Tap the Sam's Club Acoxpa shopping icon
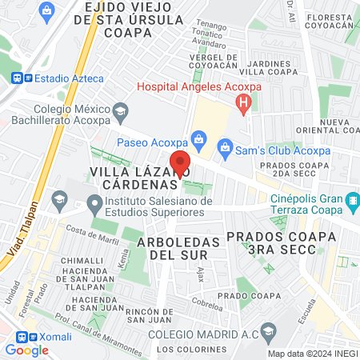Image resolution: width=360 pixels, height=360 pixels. tap(226, 146)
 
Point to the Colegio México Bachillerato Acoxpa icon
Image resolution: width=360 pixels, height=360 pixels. tap(121, 110)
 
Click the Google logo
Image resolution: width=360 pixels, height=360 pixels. tap(27, 350)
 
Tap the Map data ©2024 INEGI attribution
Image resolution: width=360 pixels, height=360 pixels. tap(312, 354)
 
